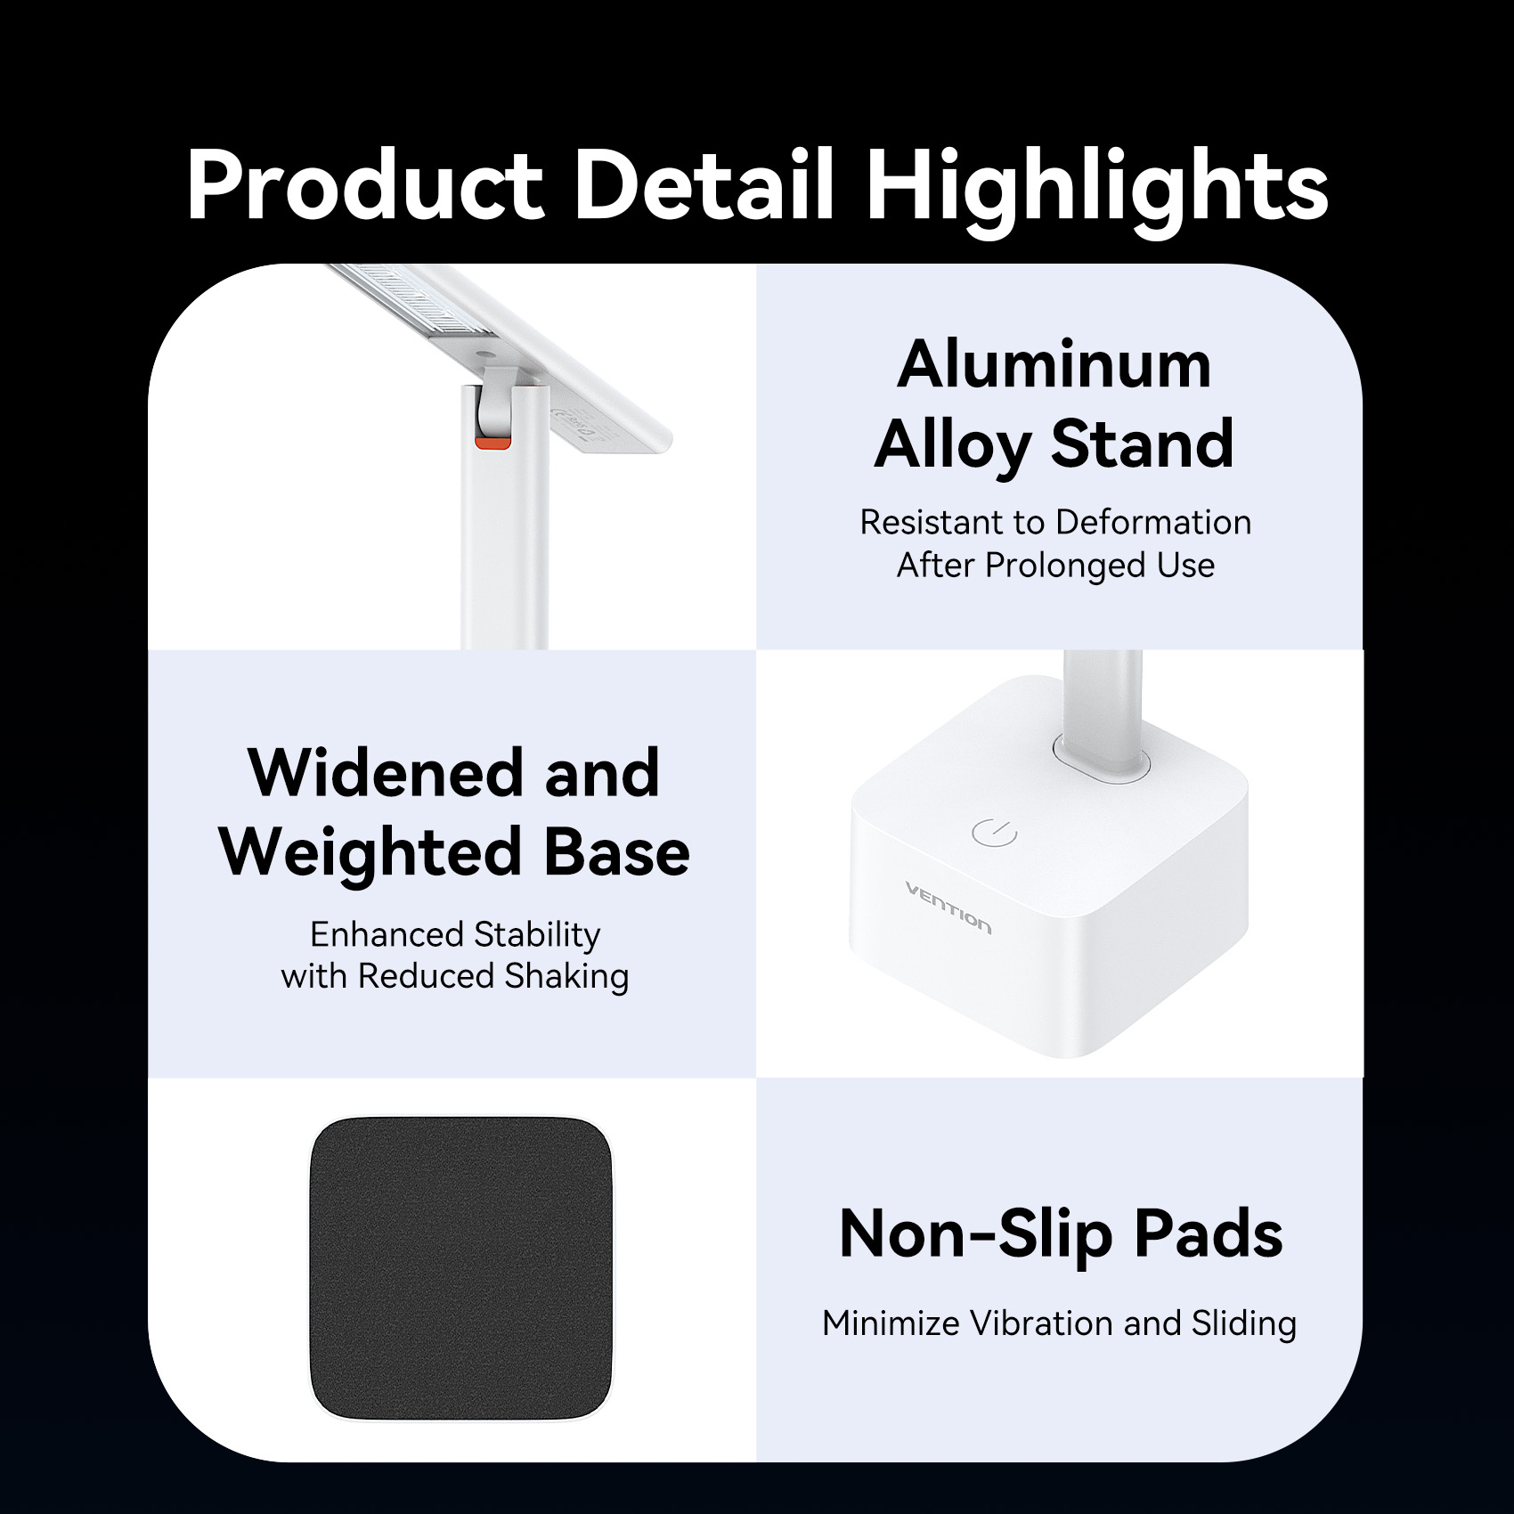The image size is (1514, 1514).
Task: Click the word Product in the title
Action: pyautogui.click(x=365, y=185)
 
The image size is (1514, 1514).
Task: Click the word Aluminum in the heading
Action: pyautogui.click(x=1054, y=365)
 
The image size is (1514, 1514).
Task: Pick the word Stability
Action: pyautogui.click(x=537, y=936)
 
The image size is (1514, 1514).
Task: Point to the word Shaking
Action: pyautogui.click(x=567, y=977)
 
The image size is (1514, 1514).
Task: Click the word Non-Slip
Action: pyautogui.click(x=976, y=1236)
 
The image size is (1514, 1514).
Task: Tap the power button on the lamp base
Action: pyautogui.click(x=994, y=832)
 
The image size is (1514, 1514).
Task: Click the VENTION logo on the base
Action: pyautogui.click(x=948, y=908)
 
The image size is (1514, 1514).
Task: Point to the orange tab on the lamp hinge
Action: pyautogui.click(x=492, y=443)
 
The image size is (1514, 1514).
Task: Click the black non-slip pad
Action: pyautogui.click(x=461, y=1269)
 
